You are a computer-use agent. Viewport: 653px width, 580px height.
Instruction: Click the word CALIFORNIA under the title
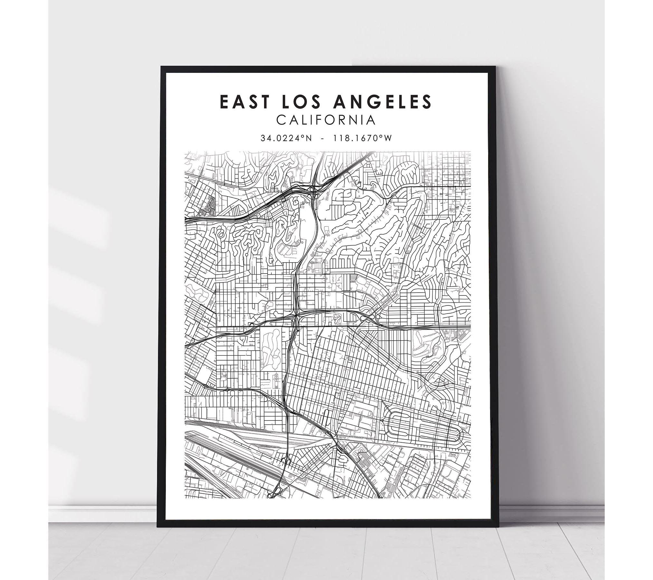tap(326, 120)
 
